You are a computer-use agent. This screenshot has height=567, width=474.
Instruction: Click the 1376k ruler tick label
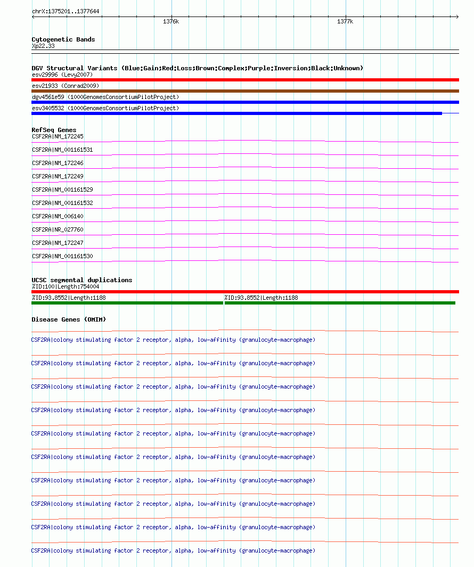point(171,22)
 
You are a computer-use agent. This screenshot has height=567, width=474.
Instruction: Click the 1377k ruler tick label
point(345,22)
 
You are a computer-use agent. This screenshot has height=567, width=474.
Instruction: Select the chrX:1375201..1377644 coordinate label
point(66,11)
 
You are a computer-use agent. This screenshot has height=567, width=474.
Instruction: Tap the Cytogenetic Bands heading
point(63,39)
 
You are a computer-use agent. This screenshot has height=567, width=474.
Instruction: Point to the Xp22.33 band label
point(43,46)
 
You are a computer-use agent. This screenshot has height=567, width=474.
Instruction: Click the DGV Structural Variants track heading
point(197,68)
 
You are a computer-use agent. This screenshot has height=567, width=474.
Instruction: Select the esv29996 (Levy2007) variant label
point(62,75)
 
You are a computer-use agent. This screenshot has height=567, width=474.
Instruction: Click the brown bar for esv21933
point(245,91)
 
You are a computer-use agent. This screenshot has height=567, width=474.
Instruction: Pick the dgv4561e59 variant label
point(105,97)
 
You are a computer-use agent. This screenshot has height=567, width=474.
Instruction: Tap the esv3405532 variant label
point(105,108)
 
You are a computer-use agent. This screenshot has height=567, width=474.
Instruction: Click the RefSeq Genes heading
point(54,130)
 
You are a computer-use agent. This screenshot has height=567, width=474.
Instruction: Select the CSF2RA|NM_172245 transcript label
point(58,136)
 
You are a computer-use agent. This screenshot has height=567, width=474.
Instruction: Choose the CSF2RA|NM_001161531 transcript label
point(62,150)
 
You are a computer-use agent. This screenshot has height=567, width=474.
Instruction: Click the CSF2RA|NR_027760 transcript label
point(58,229)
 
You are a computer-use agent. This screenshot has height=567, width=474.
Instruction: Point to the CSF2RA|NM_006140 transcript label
point(58,216)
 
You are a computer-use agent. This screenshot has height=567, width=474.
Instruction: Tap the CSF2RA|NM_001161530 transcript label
point(62,256)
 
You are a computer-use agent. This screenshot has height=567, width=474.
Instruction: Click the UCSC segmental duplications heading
point(82,280)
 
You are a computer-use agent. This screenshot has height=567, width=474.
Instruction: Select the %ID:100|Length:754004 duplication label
point(66,286)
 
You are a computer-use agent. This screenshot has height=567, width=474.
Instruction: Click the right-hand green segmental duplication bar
point(340,303)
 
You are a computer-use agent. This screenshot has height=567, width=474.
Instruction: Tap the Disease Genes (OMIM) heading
point(69,319)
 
